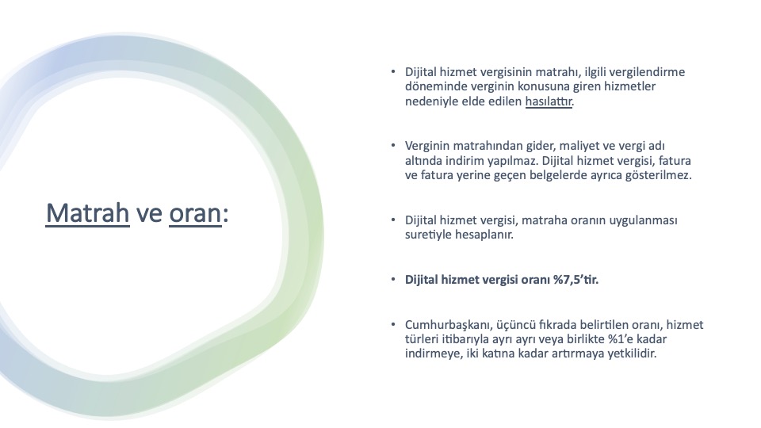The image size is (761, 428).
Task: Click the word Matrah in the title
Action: (x=88, y=213)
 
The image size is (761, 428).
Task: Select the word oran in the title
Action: (x=195, y=214)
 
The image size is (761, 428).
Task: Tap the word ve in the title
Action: (x=149, y=214)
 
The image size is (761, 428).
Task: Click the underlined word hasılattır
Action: (x=549, y=101)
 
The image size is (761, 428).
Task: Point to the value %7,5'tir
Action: (x=576, y=280)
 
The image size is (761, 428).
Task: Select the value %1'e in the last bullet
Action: (x=619, y=339)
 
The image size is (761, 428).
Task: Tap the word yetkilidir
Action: (x=632, y=353)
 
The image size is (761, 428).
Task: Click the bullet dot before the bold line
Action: (x=393, y=280)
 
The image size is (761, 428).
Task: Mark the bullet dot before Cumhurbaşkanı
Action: (x=393, y=324)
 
